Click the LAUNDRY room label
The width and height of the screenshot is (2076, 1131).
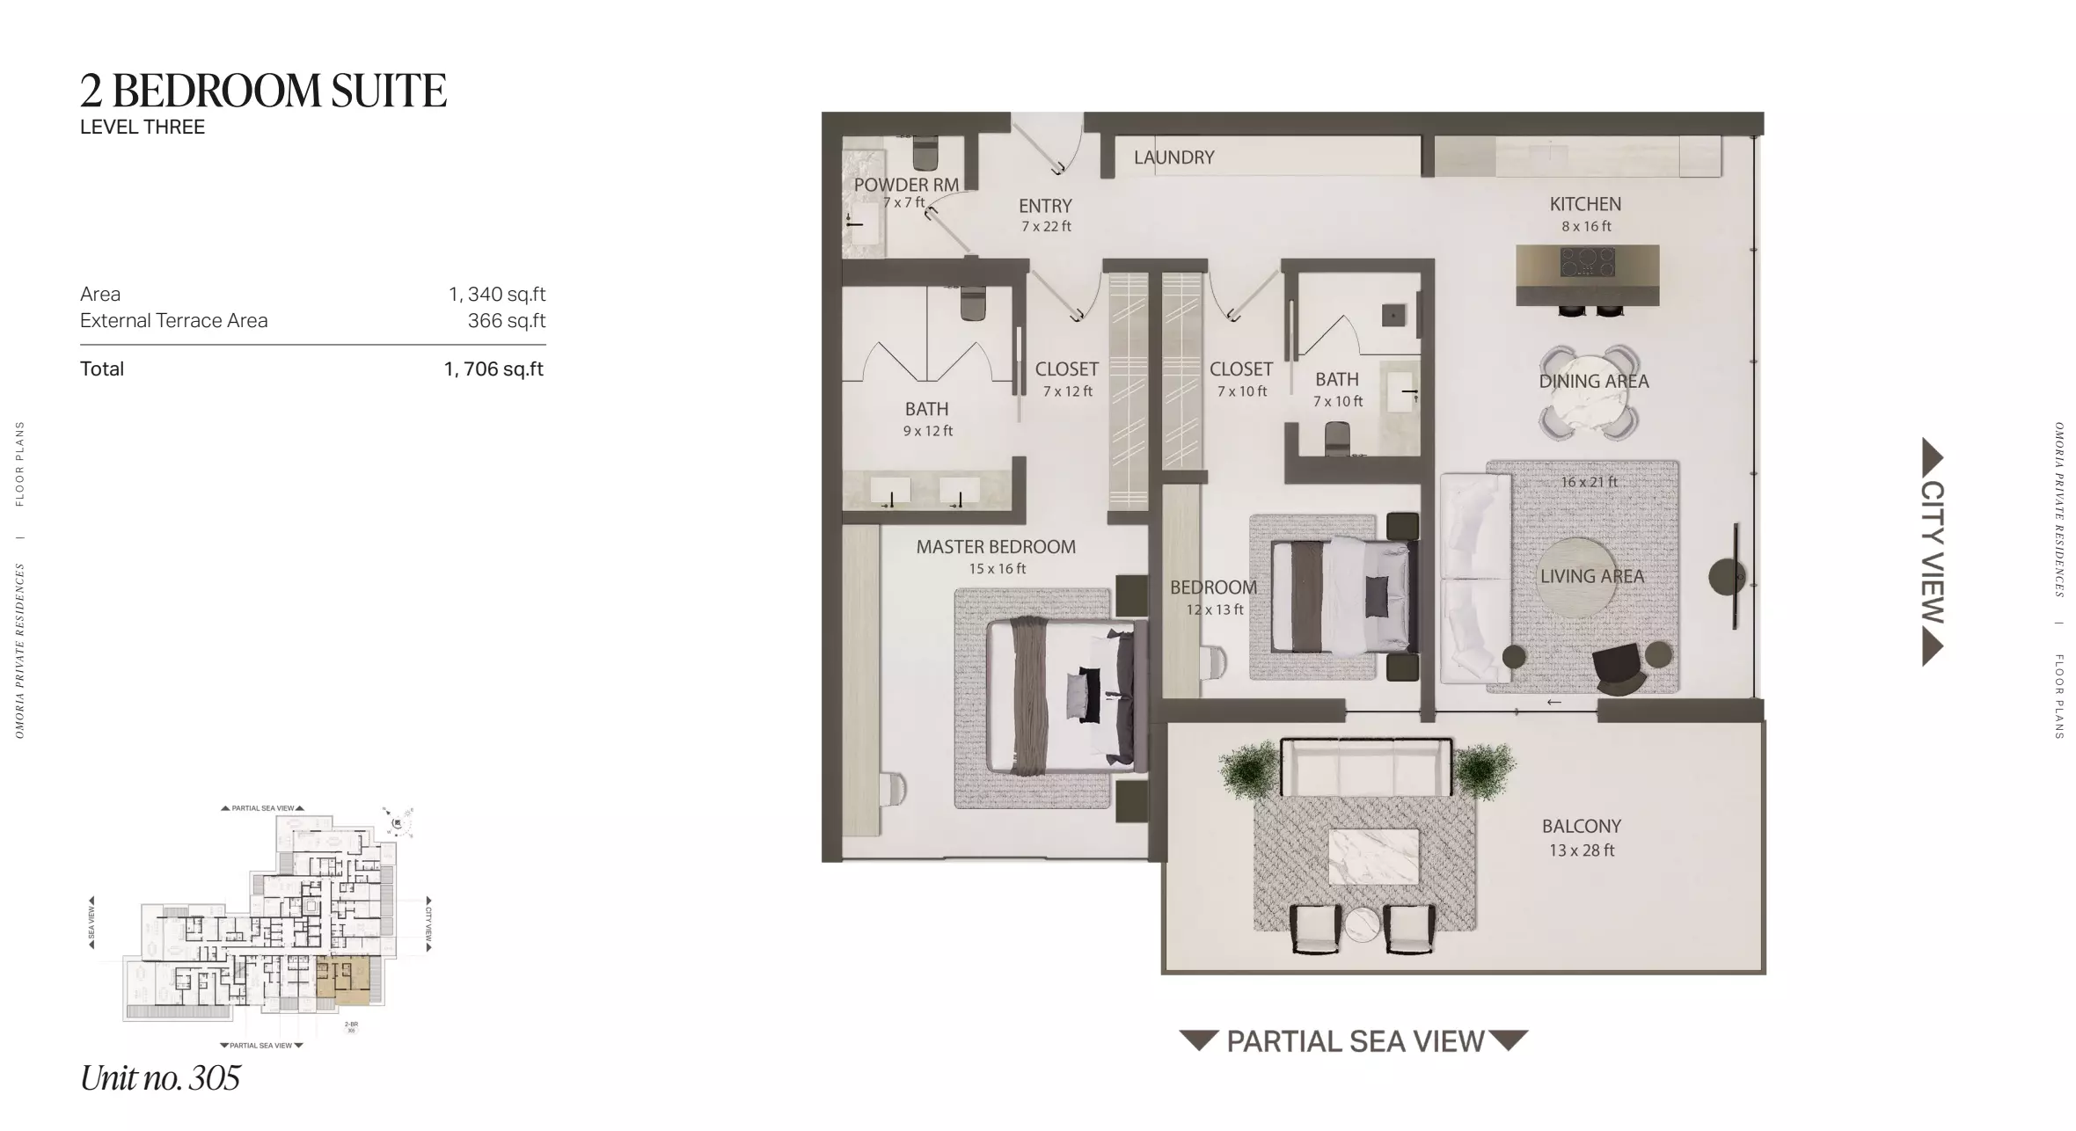(1173, 157)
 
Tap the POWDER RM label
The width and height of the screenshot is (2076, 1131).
(905, 185)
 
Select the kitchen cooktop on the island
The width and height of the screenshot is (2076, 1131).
(1588, 261)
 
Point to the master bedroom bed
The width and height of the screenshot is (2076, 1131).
(1061, 695)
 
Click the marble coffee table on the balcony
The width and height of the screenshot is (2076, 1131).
(1373, 857)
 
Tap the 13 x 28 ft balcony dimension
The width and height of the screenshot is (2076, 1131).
(1582, 850)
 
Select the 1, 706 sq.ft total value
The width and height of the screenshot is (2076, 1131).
(493, 369)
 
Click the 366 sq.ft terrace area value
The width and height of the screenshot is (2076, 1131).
(506, 321)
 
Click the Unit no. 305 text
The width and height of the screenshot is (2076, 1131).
(160, 1078)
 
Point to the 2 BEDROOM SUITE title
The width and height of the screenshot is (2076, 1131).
(263, 91)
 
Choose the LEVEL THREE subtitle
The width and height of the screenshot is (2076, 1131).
(143, 128)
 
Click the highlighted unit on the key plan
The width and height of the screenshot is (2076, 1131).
(342, 981)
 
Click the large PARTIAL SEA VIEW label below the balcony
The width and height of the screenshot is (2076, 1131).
(1355, 1041)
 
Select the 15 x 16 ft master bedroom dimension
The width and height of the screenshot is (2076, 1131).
(997, 569)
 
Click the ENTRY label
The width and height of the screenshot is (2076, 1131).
(1045, 206)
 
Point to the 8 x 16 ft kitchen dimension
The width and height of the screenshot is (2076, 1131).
(1586, 226)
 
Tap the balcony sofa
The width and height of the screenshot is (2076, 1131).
(1365, 767)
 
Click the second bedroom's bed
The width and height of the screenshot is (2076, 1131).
(1340, 595)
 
